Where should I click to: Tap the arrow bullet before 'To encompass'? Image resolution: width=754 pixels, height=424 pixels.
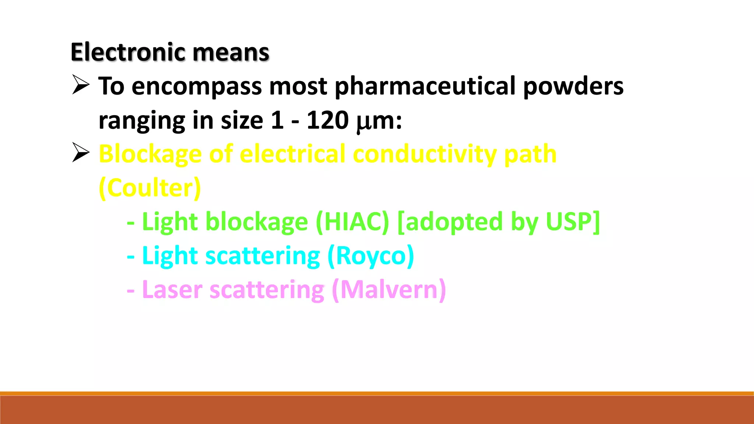coord(81,85)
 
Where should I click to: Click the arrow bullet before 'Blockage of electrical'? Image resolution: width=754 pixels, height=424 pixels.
coord(81,152)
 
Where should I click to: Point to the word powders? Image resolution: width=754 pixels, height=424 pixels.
coord(573,86)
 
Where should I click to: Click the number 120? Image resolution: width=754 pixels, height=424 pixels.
coord(327,120)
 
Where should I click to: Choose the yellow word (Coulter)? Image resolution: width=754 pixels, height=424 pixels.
coord(150,188)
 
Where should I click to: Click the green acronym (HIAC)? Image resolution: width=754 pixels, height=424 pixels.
coord(352,222)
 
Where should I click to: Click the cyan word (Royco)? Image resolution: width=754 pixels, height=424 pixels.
coord(370,256)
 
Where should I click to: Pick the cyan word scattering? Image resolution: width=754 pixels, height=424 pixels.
coord(263,256)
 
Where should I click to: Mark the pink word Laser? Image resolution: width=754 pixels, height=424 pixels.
coord(172,290)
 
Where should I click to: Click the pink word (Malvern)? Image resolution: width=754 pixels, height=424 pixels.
coord(389,290)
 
